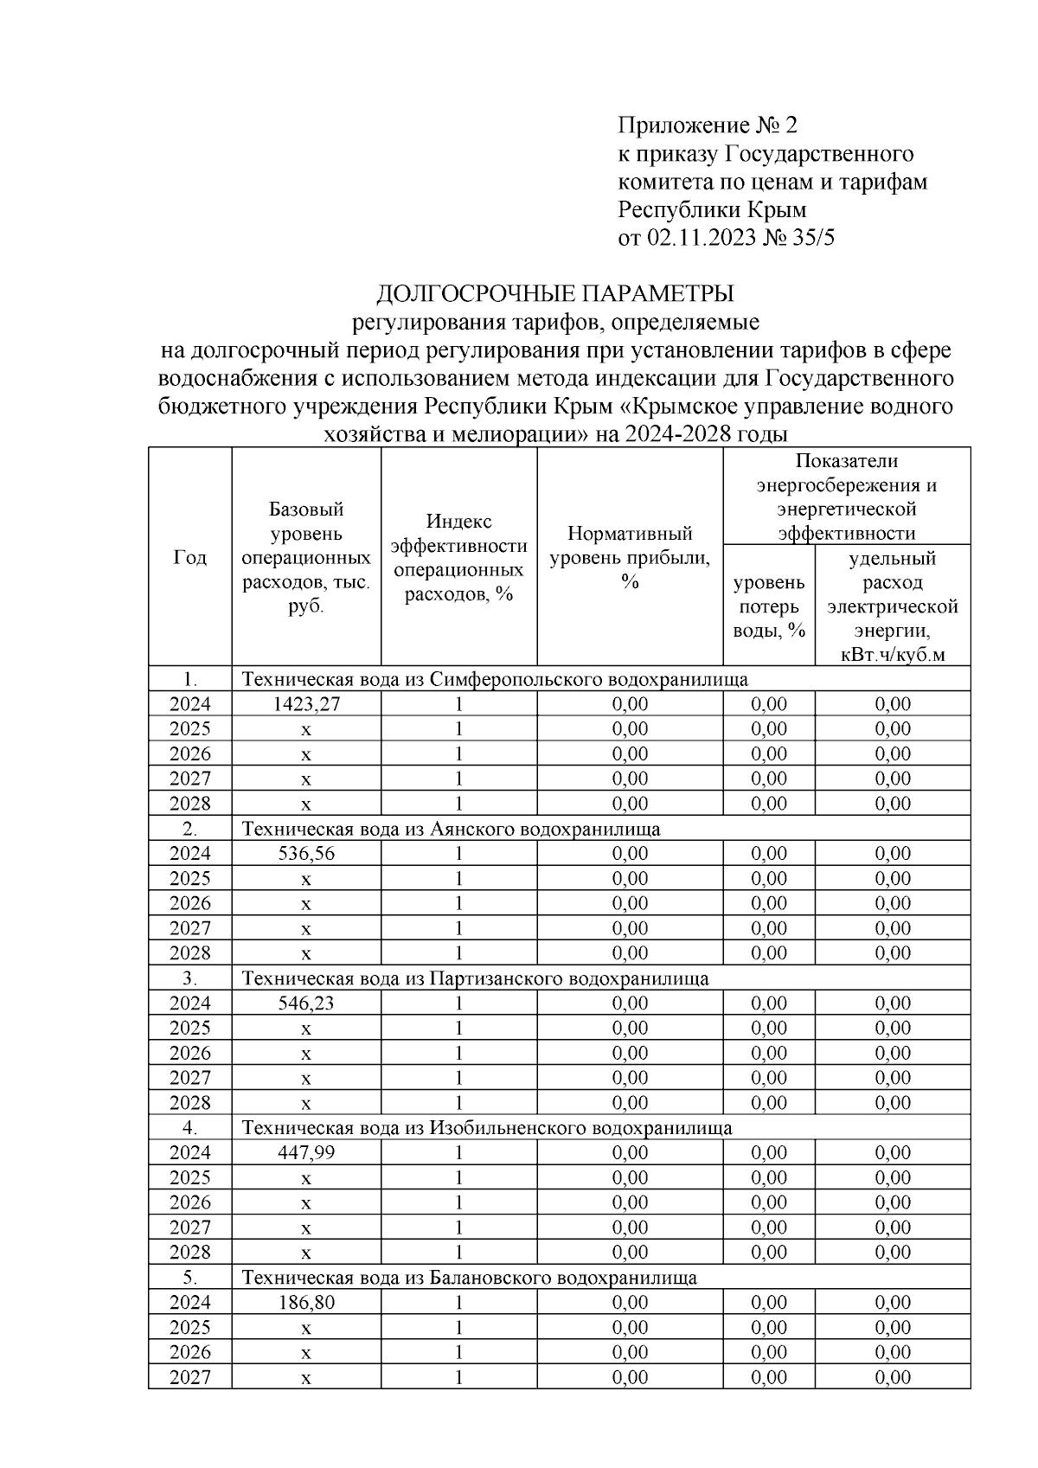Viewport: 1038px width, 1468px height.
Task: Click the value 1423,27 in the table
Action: coord(306,704)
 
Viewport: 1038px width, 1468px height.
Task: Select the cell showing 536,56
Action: coord(306,854)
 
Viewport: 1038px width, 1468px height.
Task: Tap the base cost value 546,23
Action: coord(306,1003)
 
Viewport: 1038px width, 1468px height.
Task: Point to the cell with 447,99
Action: coord(306,1153)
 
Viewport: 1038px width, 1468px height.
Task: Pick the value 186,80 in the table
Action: coord(306,1303)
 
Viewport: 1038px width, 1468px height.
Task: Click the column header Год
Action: coord(189,558)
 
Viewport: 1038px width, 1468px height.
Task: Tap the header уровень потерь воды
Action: coord(769,606)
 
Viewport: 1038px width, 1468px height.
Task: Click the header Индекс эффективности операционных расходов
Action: coord(458,558)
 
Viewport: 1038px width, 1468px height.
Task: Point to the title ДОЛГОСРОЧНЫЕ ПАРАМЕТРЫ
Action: coord(554,293)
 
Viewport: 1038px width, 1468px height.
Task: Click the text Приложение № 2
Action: coord(707,125)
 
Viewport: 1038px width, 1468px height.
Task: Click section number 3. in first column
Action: coord(189,978)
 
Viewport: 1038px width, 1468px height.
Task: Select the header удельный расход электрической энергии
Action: coord(893,606)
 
